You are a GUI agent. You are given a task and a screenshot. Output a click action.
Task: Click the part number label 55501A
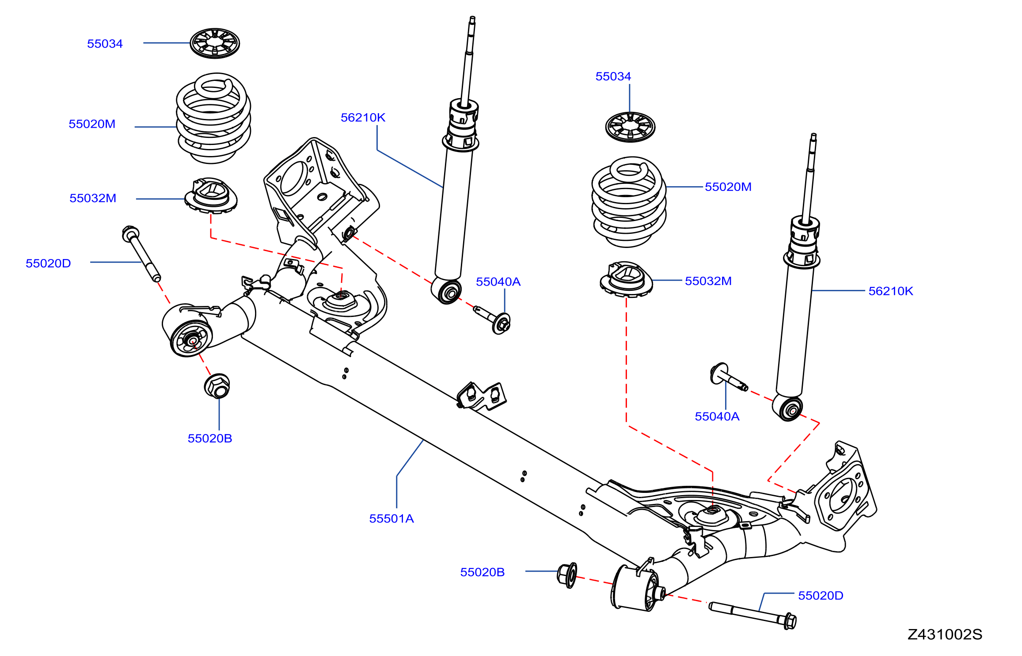pos(391,519)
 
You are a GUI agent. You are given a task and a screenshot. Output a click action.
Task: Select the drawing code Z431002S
pos(945,635)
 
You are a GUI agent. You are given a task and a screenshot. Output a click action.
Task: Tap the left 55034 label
pos(105,44)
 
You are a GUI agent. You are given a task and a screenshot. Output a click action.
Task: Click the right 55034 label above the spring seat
pos(613,76)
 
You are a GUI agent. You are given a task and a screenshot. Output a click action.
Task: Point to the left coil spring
pos(213,118)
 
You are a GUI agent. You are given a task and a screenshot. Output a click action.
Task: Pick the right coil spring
pos(629,202)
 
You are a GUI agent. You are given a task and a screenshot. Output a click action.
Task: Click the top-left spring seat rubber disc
pos(215,43)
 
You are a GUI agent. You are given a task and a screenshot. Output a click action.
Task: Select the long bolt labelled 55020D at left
pos(141,254)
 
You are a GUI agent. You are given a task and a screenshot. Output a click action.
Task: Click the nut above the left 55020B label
pos(217,386)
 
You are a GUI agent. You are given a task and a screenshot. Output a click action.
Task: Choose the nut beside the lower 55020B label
pos(567,575)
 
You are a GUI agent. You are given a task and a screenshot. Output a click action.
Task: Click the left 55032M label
pos(93,198)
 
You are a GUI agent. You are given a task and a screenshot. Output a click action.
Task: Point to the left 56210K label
pos(363,118)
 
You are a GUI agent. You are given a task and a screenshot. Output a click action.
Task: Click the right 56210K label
pos(890,291)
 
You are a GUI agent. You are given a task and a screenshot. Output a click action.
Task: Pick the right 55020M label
pos(728,187)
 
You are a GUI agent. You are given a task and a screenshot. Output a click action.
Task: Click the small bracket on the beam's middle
pos(481,396)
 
